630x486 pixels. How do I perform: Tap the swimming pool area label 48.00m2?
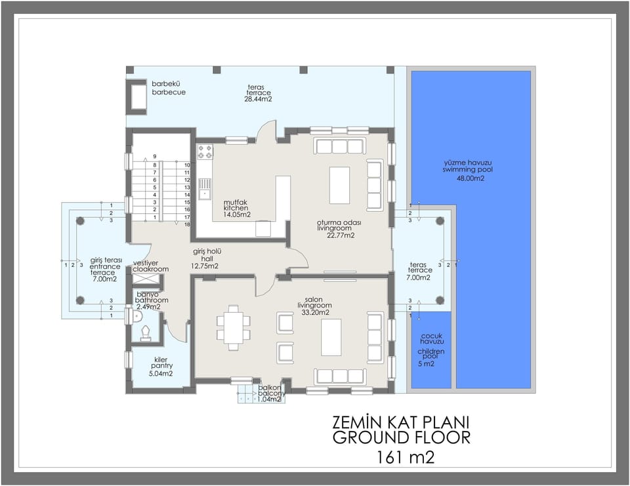coord(471,178)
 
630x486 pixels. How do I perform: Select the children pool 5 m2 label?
coord(430,363)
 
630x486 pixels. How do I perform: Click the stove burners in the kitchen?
coord(205,152)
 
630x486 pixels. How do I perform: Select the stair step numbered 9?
coord(155,156)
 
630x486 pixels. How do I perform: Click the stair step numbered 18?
coord(187,224)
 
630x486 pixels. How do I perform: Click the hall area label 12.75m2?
coord(205,266)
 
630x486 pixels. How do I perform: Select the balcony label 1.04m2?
coord(269,399)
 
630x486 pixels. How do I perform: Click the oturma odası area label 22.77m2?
coord(341,235)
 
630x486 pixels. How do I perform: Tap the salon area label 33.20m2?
coord(314,313)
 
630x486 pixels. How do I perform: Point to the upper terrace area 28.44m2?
coord(258,100)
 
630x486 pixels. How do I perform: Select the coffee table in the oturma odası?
coord(339,186)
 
